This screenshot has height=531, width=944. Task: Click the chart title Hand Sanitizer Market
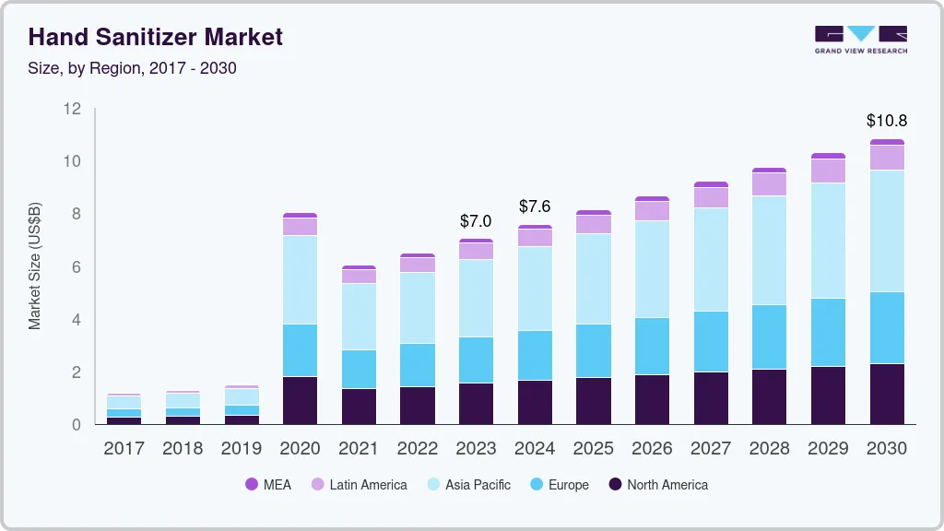(x=156, y=37)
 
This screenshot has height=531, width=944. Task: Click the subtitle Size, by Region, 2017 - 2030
(x=133, y=68)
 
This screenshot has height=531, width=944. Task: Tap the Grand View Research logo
(x=860, y=39)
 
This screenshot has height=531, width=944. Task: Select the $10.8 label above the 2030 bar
(x=886, y=121)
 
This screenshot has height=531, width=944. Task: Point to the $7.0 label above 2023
(x=476, y=221)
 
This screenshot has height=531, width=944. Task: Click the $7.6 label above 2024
(x=535, y=206)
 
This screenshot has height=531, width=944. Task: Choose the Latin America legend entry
(x=359, y=484)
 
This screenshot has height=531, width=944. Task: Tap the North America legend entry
(x=658, y=484)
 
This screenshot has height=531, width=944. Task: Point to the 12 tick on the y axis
(x=72, y=109)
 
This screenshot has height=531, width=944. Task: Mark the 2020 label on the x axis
(x=300, y=449)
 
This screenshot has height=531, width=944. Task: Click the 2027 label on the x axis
(x=710, y=449)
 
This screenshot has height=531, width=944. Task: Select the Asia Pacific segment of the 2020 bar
(x=300, y=279)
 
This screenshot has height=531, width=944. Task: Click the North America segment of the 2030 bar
(x=886, y=394)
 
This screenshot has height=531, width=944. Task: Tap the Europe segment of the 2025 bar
(x=593, y=350)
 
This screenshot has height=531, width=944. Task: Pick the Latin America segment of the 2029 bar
(x=827, y=171)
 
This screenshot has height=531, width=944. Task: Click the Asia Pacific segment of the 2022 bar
(x=417, y=308)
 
